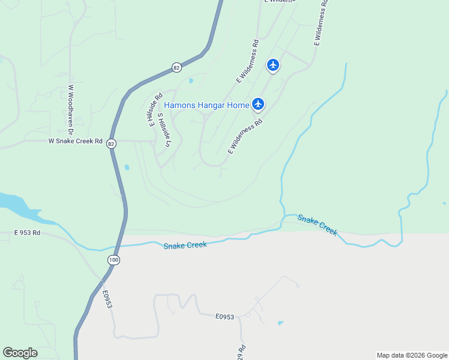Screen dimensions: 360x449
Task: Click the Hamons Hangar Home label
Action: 206,105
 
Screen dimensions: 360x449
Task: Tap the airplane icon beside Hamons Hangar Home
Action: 258,104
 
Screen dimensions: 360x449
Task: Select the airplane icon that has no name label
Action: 273,65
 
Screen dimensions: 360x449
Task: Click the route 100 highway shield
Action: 113,259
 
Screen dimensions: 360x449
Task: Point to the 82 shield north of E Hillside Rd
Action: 176,68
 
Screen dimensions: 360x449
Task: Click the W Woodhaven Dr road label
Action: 70,109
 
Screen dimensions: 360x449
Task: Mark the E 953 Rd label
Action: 27,232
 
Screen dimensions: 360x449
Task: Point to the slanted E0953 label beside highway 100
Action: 107,299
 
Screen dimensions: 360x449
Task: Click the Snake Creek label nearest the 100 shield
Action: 185,245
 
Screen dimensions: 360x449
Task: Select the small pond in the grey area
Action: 280,323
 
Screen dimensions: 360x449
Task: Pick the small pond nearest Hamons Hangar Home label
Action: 191,81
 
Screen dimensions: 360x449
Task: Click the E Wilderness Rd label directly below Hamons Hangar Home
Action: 246,136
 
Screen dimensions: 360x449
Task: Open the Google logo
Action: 20,353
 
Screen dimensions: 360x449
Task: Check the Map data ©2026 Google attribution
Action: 411,355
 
